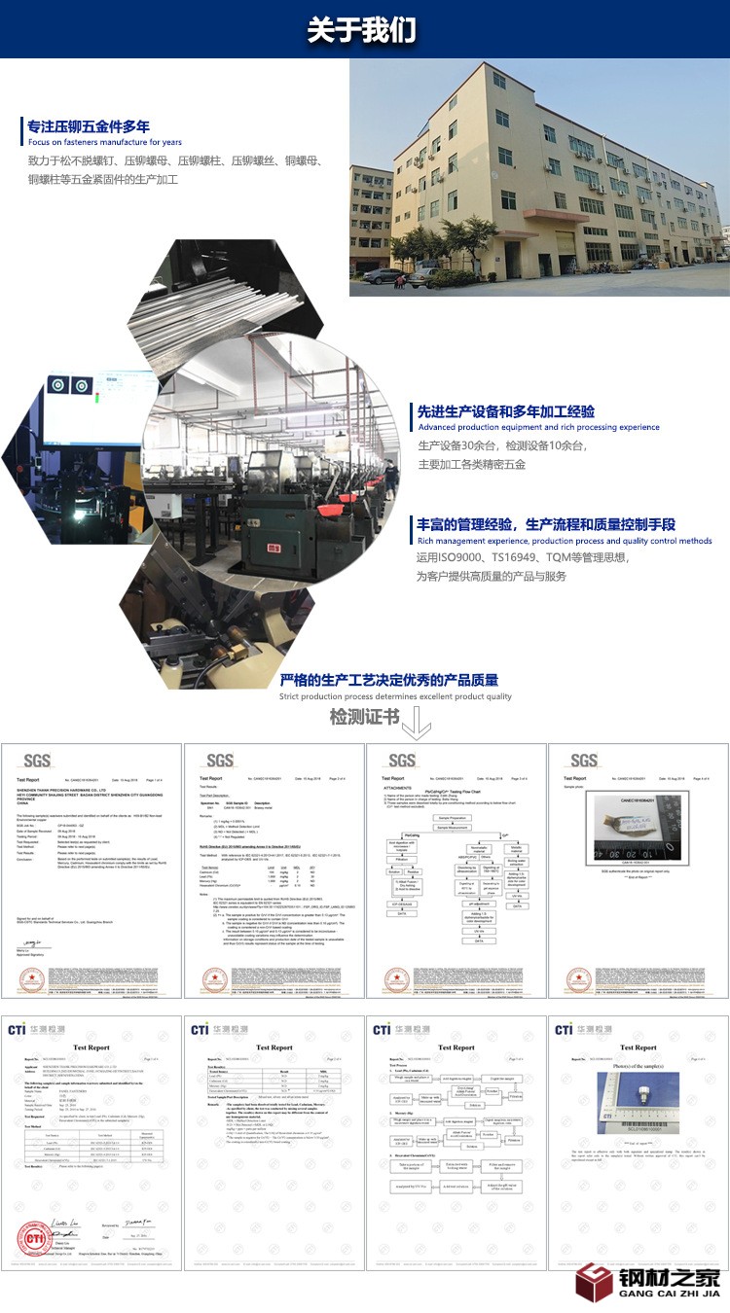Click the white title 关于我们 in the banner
coord(362,29)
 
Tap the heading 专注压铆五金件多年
coord(89,126)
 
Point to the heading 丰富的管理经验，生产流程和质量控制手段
coord(546,524)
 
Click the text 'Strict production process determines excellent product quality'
coord(395,696)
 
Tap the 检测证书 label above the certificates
coord(364,718)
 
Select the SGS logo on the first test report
coord(37,760)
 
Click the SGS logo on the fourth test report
coord(584,760)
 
